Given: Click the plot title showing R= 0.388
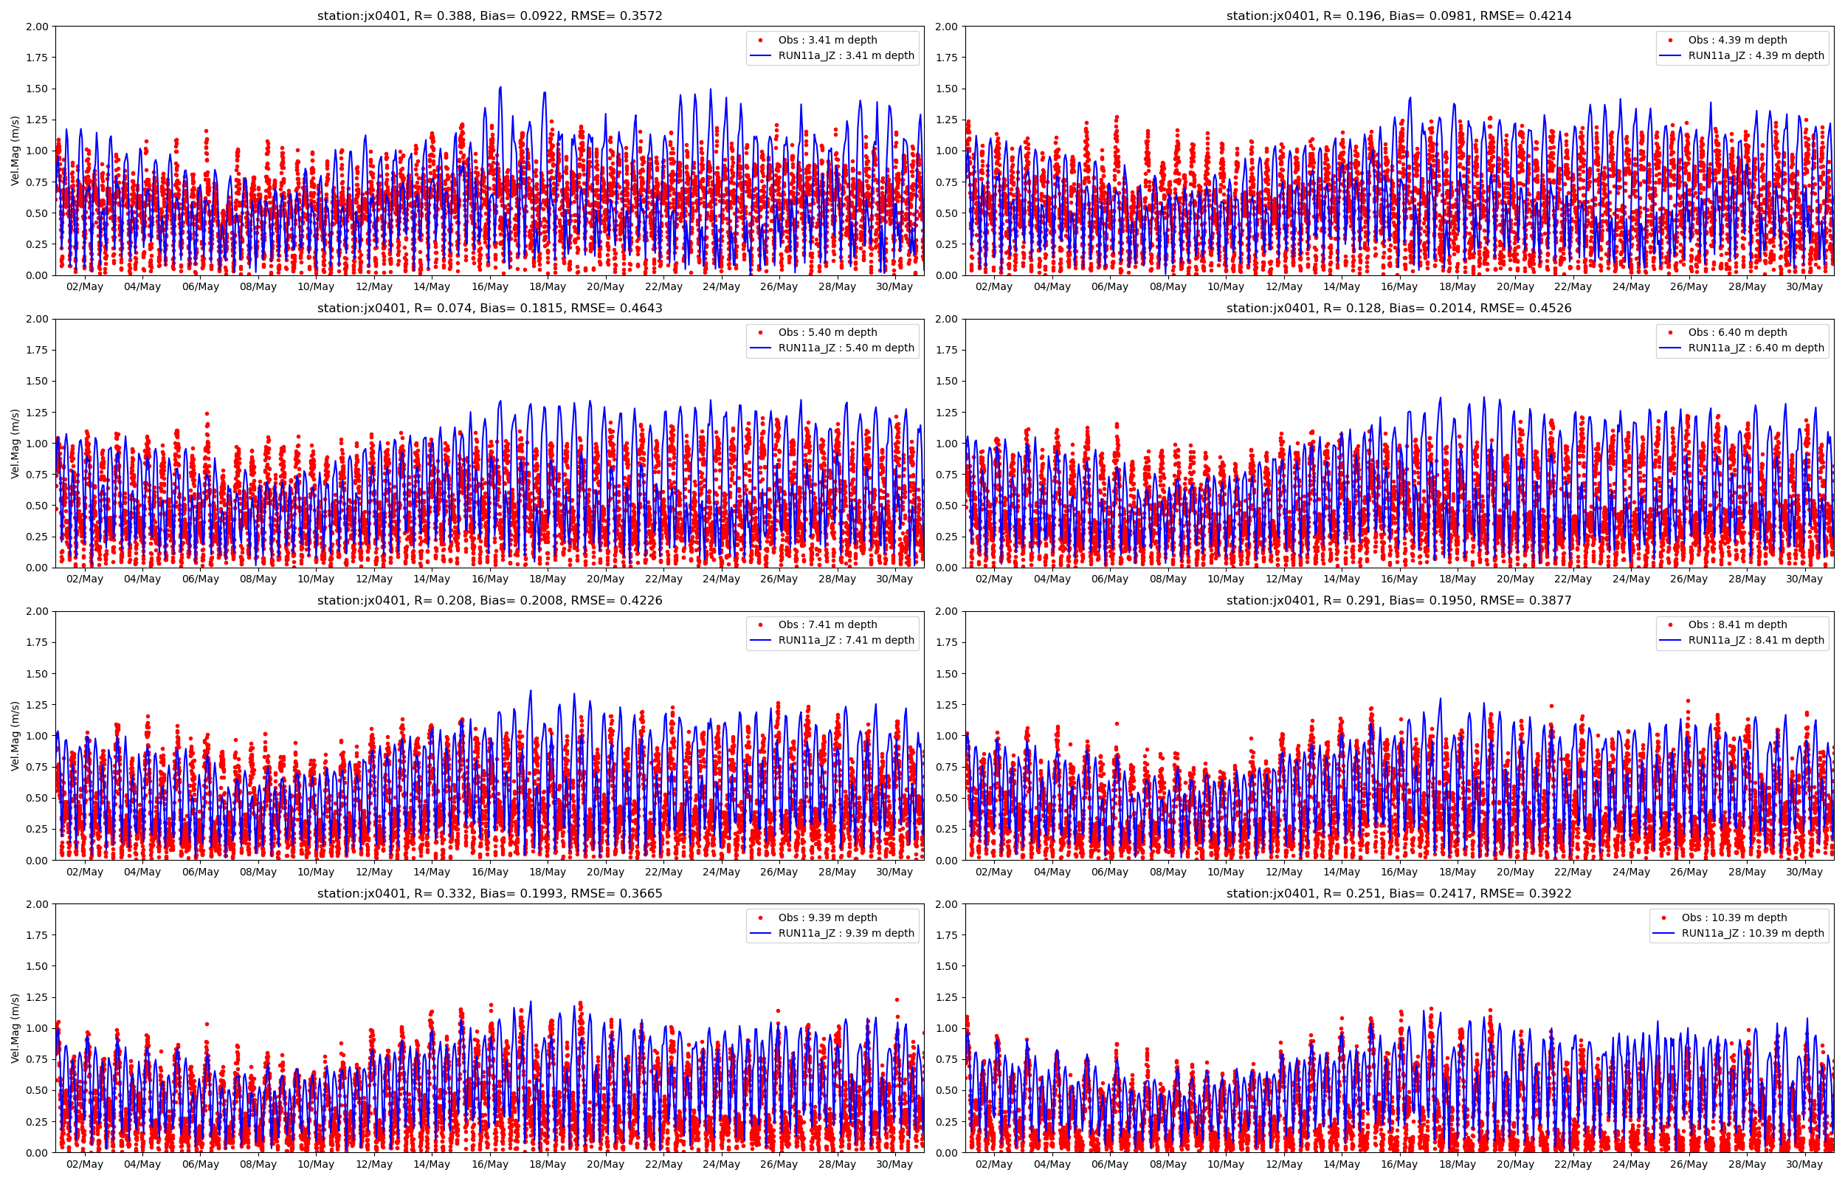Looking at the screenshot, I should click(489, 16).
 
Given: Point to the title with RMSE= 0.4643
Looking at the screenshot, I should click(489, 309).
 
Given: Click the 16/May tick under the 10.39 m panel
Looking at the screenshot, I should click(1399, 1164).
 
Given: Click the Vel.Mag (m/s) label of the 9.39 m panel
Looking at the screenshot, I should click(15, 1027).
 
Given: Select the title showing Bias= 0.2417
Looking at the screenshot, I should click(1399, 893).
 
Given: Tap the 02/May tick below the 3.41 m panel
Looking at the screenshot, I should click(84, 287).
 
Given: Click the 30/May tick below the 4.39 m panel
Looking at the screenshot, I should click(1804, 287).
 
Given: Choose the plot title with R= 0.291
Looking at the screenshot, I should click(1399, 601).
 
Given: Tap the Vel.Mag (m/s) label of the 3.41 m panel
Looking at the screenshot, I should click(15, 151).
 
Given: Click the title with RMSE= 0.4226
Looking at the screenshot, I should click(489, 601).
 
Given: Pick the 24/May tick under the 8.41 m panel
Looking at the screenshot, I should click(1630, 872).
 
